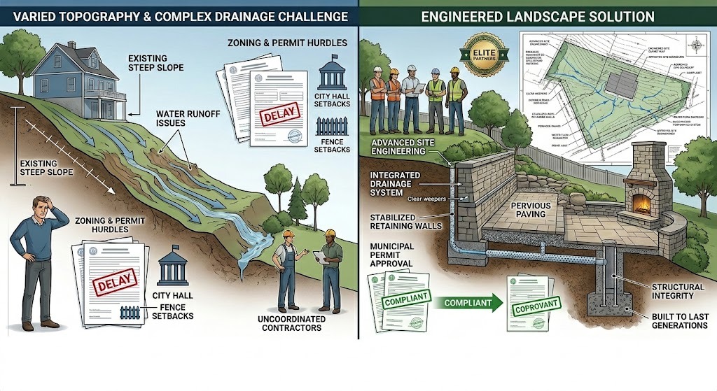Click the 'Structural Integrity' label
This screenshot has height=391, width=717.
(x=676, y=292)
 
